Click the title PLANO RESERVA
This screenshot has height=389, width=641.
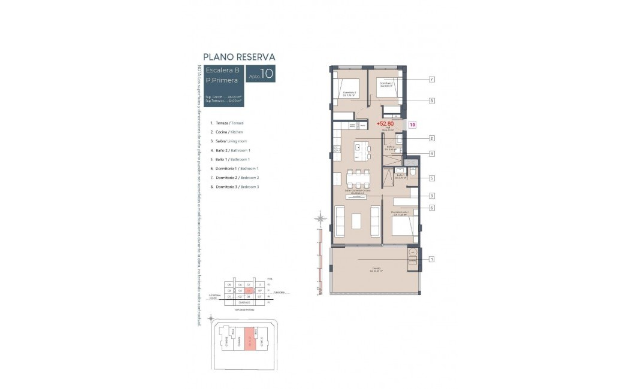pos(239,57)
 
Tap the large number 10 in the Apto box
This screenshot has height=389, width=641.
pos(267,74)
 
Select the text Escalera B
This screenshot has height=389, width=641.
pos(222,70)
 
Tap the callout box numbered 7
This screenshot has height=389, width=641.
pos(431,79)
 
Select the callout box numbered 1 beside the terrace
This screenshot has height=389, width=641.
pos(431,259)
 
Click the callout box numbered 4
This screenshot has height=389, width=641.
pos(431,154)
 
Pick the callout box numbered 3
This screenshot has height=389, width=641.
pos(431,196)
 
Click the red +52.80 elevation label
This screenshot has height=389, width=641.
pos(385,124)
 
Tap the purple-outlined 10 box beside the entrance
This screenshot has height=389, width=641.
pos(412,124)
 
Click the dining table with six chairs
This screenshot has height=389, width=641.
pos(358,178)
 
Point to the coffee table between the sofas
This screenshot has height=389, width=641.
pos(357,221)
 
